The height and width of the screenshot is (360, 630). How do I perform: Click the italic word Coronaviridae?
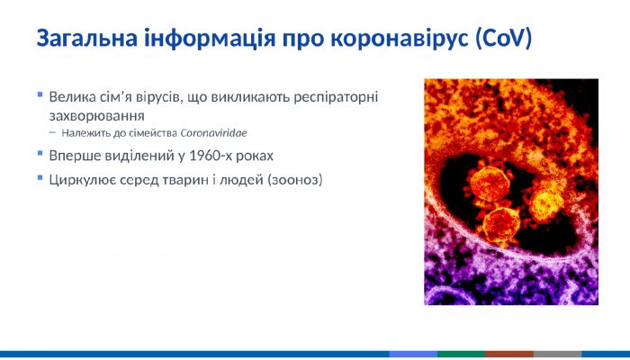pos(217,133)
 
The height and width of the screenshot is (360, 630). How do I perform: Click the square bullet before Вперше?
pos(40,153)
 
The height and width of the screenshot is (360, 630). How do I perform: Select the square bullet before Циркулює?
pos(40,177)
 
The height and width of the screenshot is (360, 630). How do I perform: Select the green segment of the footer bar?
pos(461,355)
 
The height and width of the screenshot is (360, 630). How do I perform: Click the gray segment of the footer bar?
pos(557,355)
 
